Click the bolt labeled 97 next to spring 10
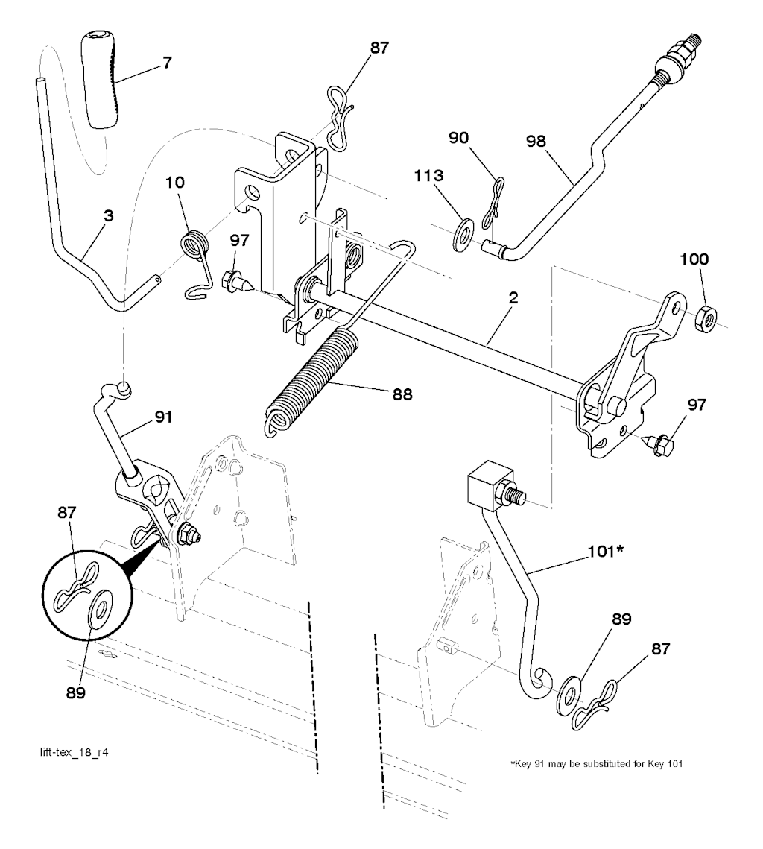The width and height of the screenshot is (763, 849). (x=230, y=283)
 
